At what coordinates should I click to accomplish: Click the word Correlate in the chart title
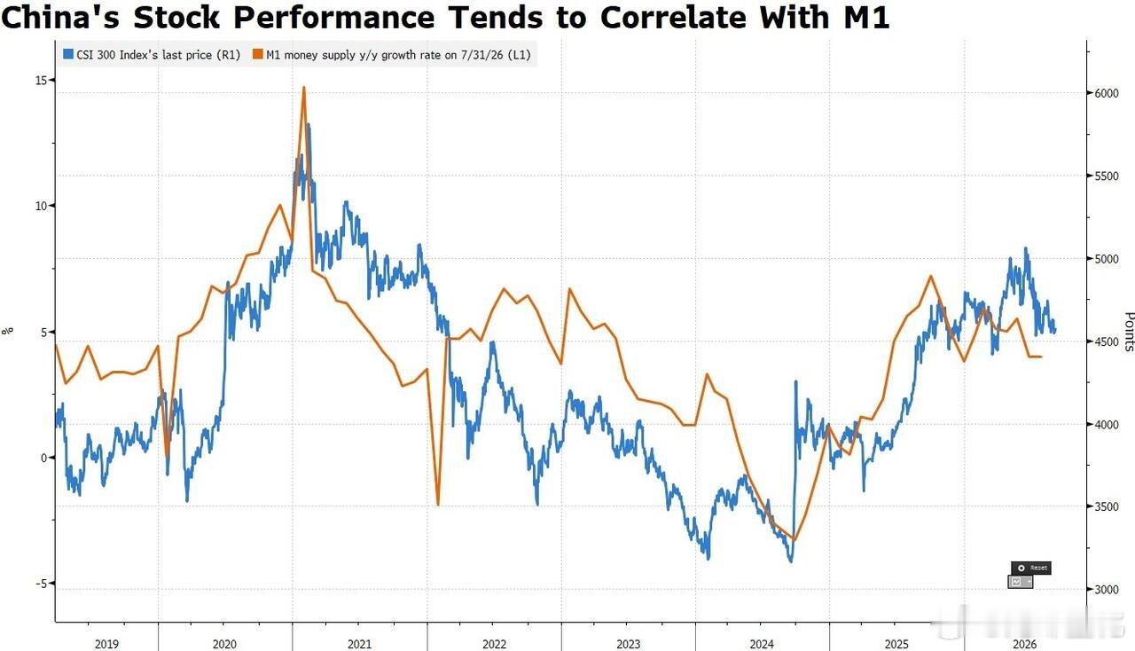click(x=673, y=17)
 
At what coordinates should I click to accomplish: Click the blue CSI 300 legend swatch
click(x=68, y=54)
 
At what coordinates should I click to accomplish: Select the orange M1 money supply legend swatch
click(x=258, y=54)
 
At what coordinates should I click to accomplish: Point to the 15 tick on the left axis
click(x=41, y=80)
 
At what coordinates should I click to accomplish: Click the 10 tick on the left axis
click(x=41, y=206)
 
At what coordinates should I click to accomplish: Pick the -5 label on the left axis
click(x=41, y=584)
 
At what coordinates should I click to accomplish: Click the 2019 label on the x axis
click(x=106, y=644)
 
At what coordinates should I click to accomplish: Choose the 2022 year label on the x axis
click(x=494, y=644)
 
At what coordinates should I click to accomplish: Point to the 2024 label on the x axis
click(x=762, y=644)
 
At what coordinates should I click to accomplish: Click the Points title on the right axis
click(x=1129, y=332)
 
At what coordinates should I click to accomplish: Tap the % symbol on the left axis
click(x=8, y=331)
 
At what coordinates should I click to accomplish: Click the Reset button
click(x=1031, y=568)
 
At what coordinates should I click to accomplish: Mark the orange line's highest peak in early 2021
click(x=304, y=87)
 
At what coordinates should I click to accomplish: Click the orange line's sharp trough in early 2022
click(x=438, y=505)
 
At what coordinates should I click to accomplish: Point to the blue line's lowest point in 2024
click(x=791, y=561)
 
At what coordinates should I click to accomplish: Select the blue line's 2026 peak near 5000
click(x=1026, y=248)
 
